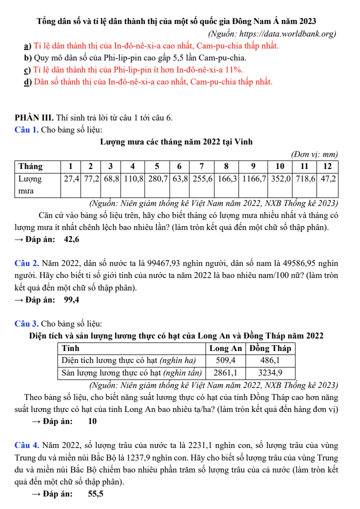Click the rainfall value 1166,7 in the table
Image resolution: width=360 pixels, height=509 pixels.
[254, 178]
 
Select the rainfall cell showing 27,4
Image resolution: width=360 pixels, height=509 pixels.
[70, 178]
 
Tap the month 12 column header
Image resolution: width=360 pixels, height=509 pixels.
[328, 166]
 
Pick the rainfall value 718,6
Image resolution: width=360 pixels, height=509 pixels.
[304, 178]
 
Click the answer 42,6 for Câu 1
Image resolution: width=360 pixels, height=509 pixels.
[71, 239]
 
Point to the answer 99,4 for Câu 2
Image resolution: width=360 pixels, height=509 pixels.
[71, 300]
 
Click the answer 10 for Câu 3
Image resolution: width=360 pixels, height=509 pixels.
[92, 421]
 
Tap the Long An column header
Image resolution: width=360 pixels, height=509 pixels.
[225, 348]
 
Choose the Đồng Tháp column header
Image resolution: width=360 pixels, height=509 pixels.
[270, 348]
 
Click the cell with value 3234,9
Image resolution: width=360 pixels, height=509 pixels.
[270, 372]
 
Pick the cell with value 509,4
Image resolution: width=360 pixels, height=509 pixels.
[225, 360]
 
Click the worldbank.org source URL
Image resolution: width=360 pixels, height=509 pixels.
[288, 34]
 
